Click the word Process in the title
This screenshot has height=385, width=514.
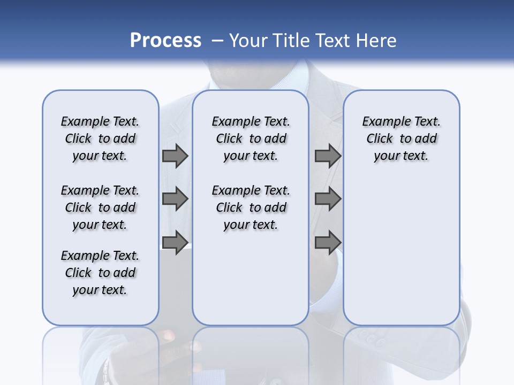pyautogui.click(x=165, y=41)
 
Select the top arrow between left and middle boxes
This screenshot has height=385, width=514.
pyautogui.click(x=175, y=156)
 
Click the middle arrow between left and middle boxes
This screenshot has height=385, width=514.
pyautogui.click(x=175, y=199)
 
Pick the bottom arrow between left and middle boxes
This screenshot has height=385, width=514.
pyautogui.click(x=175, y=242)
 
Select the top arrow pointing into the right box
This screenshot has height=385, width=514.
pyautogui.click(x=328, y=156)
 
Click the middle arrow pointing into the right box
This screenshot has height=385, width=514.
pyautogui.click(x=328, y=199)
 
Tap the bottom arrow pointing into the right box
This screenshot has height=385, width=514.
pyautogui.click(x=328, y=242)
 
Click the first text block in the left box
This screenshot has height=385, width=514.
pyautogui.click(x=100, y=138)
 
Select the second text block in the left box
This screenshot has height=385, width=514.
pyautogui.click(x=100, y=207)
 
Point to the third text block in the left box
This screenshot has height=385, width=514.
pyautogui.click(x=100, y=273)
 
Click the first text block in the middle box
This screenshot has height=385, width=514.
pyautogui.click(x=251, y=138)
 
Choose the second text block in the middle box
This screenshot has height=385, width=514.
pyautogui.click(x=251, y=207)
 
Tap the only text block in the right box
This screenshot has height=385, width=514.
pyautogui.click(x=401, y=138)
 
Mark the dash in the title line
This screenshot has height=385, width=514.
pyautogui.click(x=217, y=41)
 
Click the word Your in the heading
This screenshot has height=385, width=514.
pyautogui.click(x=250, y=41)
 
